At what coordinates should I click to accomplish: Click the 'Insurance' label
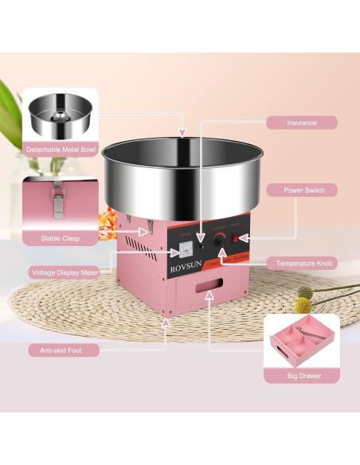tap(301, 123)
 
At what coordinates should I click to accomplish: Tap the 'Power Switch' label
tap(301, 190)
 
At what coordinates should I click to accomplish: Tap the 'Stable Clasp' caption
tap(60, 237)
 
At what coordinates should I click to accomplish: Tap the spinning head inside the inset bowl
tap(60, 115)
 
